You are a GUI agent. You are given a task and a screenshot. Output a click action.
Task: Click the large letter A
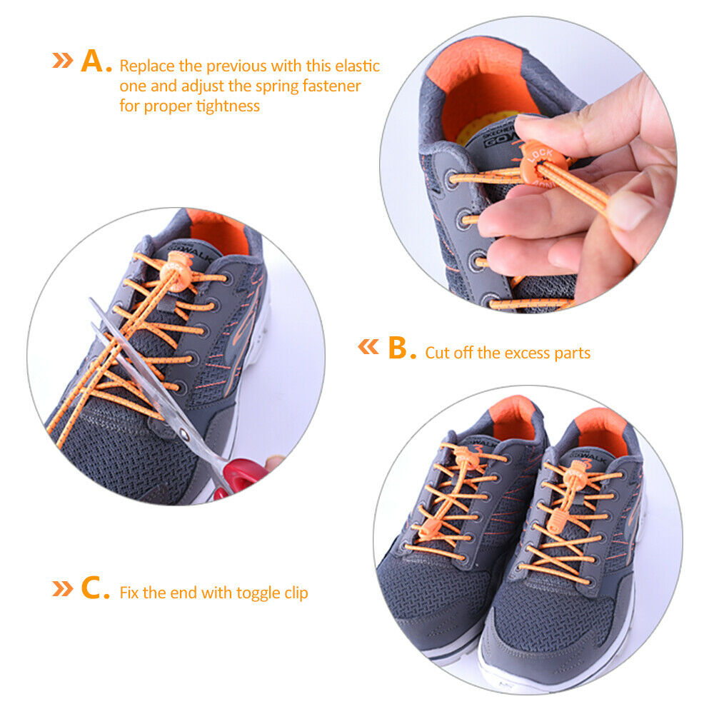coord(92,61)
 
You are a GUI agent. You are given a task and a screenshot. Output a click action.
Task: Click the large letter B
coord(398,348)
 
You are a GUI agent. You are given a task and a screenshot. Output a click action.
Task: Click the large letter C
coord(91,588)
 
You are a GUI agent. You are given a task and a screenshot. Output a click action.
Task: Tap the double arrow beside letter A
coord(62,60)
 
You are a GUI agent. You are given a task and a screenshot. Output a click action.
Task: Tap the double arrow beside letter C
coord(62,588)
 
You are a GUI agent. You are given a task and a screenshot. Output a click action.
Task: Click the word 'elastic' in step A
coord(358,66)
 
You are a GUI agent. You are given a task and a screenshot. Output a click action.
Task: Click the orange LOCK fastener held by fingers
coord(543,165)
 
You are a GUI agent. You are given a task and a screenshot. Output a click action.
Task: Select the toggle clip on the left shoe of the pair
coord(430,528)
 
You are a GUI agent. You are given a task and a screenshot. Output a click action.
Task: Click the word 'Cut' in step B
coord(436,353)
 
